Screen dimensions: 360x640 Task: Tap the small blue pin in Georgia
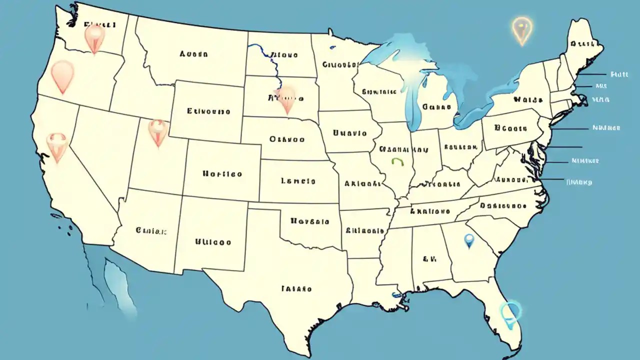tap(468, 241)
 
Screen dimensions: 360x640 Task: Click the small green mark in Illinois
tap(397, 161)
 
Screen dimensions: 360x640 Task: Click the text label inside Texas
tap(296, 288)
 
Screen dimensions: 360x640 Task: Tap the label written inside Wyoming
tap(208, 111)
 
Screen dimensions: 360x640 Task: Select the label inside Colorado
tap(222, 174)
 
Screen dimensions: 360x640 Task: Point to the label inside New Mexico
tap(212, 242)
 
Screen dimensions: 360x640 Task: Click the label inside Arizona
tap(150, 231)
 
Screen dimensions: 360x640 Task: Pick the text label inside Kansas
tap(298, 181)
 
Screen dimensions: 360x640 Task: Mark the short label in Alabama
tap(429, 259)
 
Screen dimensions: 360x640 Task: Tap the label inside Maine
tap(582, 43)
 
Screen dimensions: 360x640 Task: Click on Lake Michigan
tap(412, 100)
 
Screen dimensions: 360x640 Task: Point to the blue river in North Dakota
tap(265, 55)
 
